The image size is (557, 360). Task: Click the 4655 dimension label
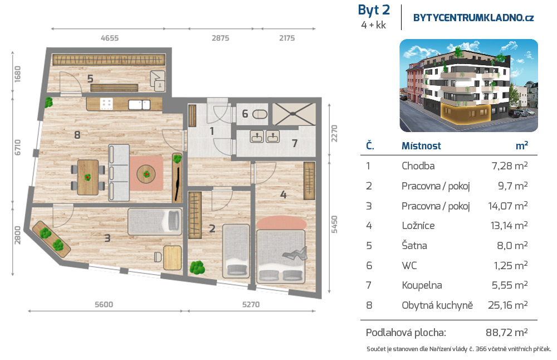point(109,38)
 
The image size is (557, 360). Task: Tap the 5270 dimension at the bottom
point(251,305)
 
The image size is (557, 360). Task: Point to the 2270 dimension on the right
point(334,133)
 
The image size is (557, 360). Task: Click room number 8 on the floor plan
point(77,135)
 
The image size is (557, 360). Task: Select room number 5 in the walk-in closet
point(90,79)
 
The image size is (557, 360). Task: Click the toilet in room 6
point(260,114)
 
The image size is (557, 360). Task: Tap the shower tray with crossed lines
point(294,114)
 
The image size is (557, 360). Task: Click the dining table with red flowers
point(88,177)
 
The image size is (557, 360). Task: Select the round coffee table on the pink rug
point(146,174)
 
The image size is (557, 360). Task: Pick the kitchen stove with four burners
point(106,104)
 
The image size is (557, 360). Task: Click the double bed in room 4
point(281,256)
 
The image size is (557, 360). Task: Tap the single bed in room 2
point(236,251)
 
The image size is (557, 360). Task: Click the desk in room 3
point(172,257)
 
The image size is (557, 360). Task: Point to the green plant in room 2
point(197,267)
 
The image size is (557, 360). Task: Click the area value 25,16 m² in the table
point(507,305)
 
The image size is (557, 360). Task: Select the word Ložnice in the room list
point(418,225)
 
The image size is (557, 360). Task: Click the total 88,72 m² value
point(506,332)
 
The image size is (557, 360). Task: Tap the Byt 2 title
point(374,10)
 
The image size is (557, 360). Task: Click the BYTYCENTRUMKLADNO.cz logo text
point(473,18)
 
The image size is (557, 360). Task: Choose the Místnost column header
point(421,145)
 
